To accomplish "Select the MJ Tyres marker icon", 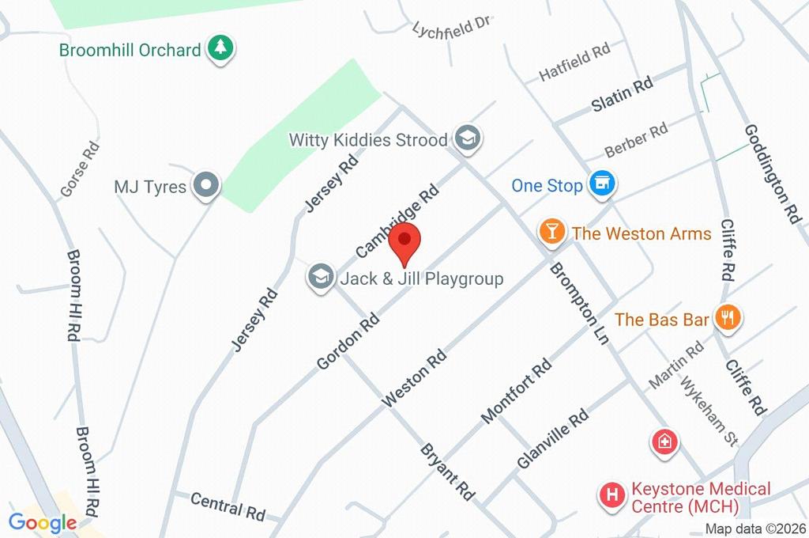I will (207, 187).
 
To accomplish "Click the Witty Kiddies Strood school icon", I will (468, 139).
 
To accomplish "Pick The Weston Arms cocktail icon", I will (551, 232).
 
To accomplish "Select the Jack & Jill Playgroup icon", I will (320, 278).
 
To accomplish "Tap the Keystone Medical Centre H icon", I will (612, 496).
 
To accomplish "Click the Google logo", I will (43, 522).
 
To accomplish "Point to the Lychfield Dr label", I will (452, 27).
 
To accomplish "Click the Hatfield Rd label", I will (574, 62).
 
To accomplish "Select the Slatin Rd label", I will (623, 93).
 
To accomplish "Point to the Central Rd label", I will (228, 506).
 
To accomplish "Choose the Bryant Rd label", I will (447, 472).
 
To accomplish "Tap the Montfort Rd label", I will (516, 389).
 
